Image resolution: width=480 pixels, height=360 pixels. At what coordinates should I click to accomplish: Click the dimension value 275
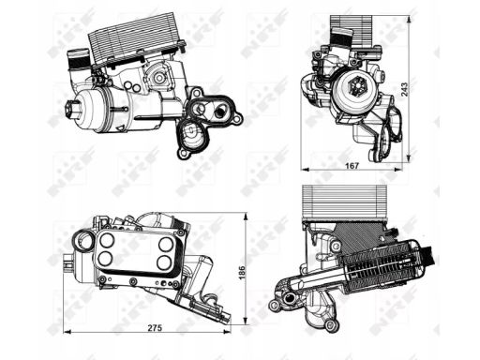155,328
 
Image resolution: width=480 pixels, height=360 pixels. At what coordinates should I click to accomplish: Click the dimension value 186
242,273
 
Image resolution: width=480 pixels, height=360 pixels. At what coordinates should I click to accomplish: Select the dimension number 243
404,89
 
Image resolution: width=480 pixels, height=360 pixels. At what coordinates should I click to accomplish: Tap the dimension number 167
352,166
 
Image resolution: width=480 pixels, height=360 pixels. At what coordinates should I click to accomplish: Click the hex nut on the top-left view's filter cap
71,108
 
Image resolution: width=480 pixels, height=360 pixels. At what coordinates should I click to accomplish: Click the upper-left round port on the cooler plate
107,240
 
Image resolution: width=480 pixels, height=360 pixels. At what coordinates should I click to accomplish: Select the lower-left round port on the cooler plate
105,259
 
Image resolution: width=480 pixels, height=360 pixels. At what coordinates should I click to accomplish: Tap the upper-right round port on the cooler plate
165,244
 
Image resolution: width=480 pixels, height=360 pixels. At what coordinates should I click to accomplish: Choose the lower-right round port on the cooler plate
164,262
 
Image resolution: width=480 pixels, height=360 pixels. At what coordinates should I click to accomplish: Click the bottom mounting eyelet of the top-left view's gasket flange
183,154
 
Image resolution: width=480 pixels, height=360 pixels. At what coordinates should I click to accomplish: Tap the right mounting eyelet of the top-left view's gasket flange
238,119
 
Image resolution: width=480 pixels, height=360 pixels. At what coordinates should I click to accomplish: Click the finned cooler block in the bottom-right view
345,202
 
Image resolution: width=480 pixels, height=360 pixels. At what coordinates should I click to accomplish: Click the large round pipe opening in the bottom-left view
83,242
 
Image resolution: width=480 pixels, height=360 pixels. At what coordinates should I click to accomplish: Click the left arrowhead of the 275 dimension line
67,332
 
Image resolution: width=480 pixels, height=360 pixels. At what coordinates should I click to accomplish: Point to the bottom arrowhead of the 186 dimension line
246,321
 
